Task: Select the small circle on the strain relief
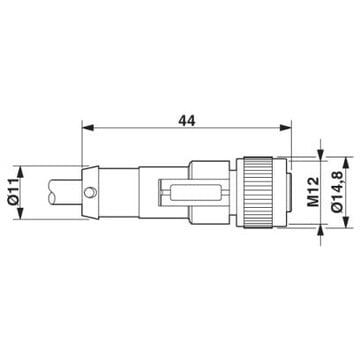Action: click(x=90, y=192)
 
